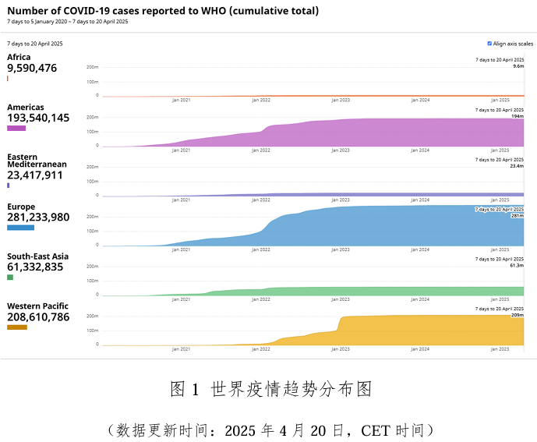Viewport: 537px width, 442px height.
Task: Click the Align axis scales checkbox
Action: click(489, 44)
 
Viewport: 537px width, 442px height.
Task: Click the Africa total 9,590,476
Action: click(32, 68)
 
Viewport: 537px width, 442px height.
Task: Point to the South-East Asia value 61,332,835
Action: click(35, 267)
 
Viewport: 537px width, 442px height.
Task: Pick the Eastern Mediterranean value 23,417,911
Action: click(35, 175)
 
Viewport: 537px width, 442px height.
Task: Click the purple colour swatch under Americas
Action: click(16, 128)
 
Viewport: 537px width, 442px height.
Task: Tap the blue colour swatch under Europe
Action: click(20, 228)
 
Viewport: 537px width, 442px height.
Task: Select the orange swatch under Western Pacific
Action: click(17, 327)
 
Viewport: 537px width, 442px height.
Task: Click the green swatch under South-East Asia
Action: click(10, 278)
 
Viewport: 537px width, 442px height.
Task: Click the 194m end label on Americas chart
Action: click(517, 116)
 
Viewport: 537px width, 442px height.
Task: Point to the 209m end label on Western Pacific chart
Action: click(517, 316)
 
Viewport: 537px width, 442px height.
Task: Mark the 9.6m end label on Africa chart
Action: click(518, 66)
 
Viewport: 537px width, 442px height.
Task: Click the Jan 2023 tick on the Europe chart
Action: click(341, 249)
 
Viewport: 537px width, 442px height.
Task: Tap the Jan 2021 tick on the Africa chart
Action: click(181, 100)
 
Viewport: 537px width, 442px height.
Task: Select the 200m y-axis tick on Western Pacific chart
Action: click(92, 316)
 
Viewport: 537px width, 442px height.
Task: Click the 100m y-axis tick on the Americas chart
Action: click(92, 131)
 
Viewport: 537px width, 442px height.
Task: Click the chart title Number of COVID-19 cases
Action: click(163, 11)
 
